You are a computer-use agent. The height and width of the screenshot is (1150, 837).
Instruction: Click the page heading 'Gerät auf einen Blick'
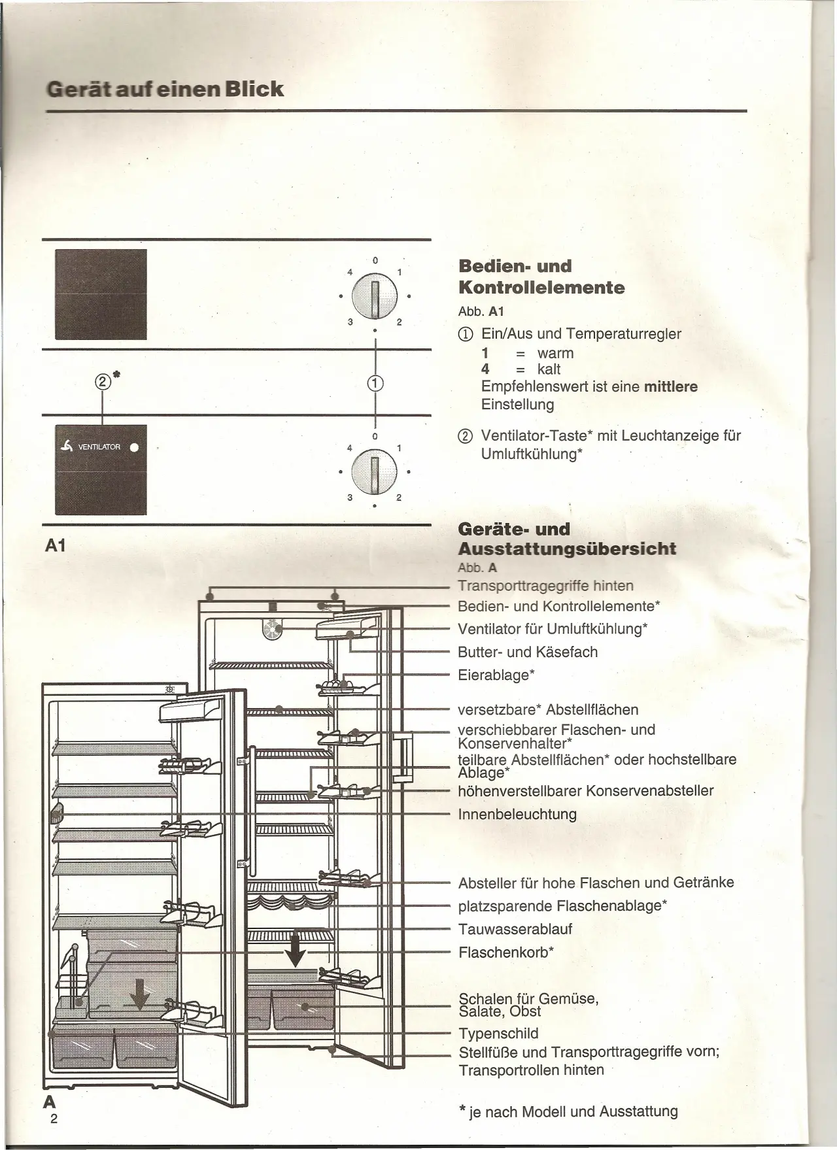[165, 89]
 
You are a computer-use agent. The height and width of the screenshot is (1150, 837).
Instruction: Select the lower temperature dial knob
[374, 471]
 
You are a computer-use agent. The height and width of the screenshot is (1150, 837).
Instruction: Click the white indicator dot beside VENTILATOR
[134, 448]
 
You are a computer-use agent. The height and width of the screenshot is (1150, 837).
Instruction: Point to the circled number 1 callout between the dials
[375, 384]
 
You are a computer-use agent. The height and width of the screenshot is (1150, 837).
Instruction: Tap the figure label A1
[56, 546]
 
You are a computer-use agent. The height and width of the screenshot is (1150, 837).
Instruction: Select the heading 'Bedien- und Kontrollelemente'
[541, 277]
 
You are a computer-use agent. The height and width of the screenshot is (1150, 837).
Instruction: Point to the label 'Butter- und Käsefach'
[528, 652]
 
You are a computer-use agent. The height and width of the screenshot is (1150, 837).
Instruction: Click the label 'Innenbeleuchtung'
[517, 814]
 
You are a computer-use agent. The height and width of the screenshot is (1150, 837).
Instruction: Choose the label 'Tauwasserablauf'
[515, 929]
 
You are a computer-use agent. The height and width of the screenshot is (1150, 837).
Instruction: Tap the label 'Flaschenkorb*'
[506, 952]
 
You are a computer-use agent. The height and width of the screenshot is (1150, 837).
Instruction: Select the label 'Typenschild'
[498, 1034]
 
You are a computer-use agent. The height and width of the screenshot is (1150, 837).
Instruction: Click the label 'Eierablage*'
[496, 675]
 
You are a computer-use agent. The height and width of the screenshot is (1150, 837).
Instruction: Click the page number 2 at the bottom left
[54, 1119]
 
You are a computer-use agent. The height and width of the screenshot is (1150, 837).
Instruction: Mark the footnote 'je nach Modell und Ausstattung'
[573, 1111]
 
